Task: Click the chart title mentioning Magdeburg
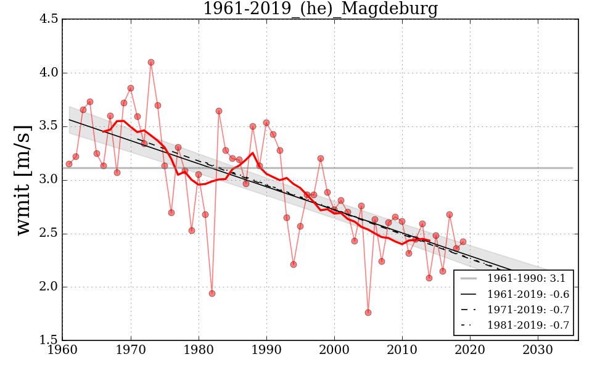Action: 320,9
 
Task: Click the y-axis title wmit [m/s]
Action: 23,179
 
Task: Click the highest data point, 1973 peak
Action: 151,62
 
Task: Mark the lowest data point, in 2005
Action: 368,313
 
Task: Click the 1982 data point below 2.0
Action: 212,294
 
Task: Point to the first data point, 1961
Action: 69,164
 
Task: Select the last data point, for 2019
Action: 463,242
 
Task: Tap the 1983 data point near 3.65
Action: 219,111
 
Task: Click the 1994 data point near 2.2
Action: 294,265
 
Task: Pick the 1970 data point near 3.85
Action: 131,88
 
